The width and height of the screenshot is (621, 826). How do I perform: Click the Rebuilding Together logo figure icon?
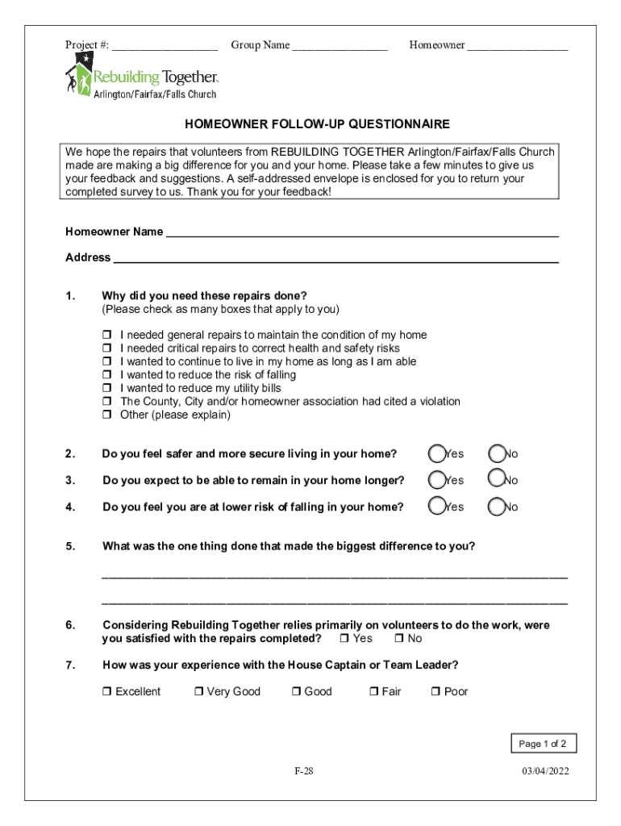point(78,78)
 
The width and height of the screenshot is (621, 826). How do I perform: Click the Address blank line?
point(336,260)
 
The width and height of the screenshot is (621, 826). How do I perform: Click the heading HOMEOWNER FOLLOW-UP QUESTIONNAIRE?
point(317,124)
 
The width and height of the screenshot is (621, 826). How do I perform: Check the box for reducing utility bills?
point(106,389)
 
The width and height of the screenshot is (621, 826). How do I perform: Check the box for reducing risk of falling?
point(106,375)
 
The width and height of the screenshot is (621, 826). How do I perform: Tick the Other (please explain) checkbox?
point(106,415)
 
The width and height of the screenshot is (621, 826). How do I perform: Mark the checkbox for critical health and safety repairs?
point(106,348)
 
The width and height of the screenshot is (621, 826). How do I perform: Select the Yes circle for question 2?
point(437,453)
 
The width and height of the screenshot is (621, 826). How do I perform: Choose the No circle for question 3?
point(498,480)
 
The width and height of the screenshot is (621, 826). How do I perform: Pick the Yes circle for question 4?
point(437,507)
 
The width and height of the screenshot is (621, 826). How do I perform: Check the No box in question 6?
point(399,639)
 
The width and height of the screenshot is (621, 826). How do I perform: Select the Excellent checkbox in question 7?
point(107,692)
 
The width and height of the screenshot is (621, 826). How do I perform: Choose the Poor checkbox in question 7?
point(436,692)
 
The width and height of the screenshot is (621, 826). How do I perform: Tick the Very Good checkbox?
point(198,692)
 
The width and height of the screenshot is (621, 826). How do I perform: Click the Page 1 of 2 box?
point(542,744)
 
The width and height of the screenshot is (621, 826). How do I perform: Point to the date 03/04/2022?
point(544,771)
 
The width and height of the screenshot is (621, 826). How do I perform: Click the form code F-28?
point(303,771)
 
